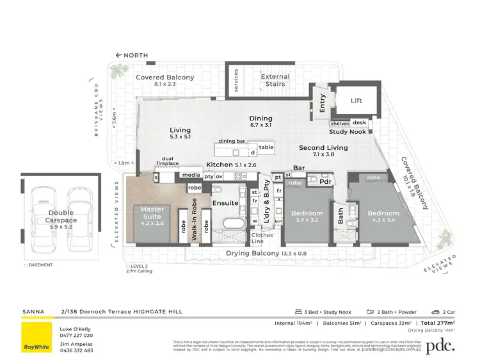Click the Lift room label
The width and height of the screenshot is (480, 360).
tap(356, 101)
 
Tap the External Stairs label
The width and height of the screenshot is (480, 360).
tap(275, 81)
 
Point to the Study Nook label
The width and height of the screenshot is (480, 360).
tap(348, 132)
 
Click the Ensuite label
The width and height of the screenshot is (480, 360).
tap(225, 203)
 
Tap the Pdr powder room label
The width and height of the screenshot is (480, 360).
tap(325, 182)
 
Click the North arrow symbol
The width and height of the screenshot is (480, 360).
tap(118, 55)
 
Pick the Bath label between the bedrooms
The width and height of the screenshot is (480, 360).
tap(341, 218)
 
